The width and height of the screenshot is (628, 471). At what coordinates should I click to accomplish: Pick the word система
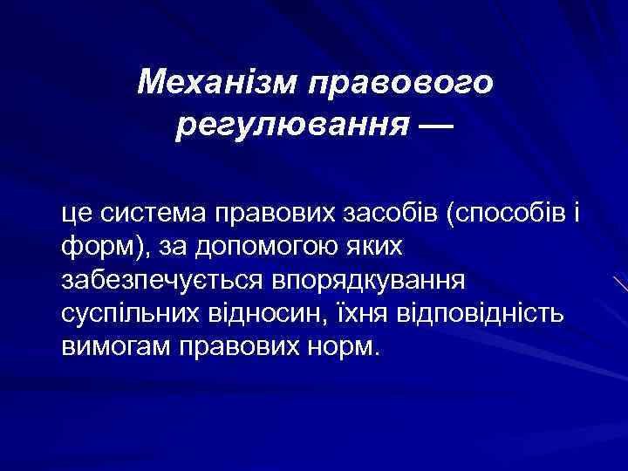(x=144, y=212)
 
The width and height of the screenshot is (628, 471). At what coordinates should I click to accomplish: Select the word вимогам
(x=114, y=348)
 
